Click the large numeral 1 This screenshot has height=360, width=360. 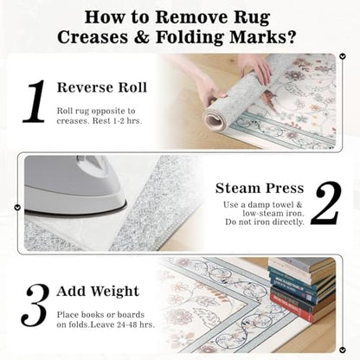coord(35,101)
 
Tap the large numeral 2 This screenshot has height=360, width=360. coord(325,203)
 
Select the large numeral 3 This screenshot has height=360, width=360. coord(35,305)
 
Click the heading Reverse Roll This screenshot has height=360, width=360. coord(102,87)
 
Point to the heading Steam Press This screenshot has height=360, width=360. coord(260,188)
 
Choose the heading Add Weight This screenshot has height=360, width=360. coord(98,291)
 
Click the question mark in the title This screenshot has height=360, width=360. coord(292,37)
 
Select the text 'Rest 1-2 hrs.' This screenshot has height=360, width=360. coord(117,121)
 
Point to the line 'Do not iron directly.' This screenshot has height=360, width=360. coord(265,222)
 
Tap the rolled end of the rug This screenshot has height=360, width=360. coord(215,119)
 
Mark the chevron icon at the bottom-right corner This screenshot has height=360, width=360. coord(343,350)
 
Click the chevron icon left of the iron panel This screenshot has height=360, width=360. coord(17,207)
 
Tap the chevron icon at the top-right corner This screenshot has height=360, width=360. coord(343,56)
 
